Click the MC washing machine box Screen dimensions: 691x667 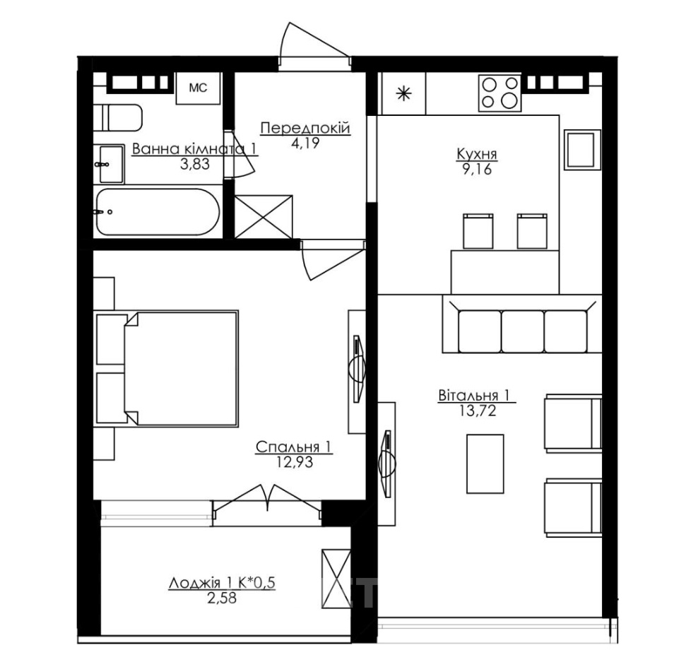tap(199, 88)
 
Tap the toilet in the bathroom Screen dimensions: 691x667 tap(118, 117)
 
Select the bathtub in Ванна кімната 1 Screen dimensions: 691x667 tap(157, 212)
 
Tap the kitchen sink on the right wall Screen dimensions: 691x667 tap(583, 150)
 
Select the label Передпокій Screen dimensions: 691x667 tap(305, 129)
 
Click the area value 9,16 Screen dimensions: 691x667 tap(477, 169)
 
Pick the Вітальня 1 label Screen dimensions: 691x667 tap(474, 395)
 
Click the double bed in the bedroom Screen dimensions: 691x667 tap(167, 368)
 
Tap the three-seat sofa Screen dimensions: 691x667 tap(522, 324)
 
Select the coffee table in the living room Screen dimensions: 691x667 tap(485, 464)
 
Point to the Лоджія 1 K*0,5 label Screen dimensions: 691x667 tap(222, 583)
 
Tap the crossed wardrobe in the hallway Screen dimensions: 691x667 tap(264, 216)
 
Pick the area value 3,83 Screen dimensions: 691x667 tap(195, 164)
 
